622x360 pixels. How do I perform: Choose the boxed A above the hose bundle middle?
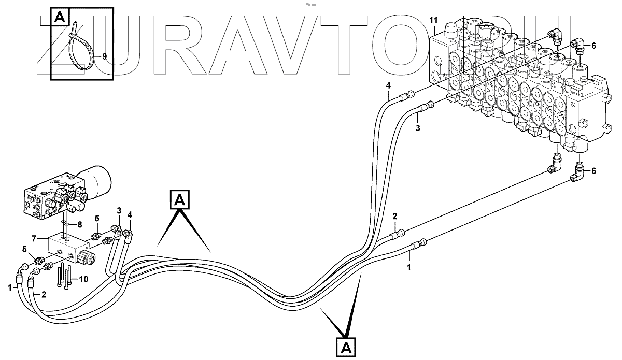tap(179, 199)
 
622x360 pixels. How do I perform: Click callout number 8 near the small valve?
tap(79, 225)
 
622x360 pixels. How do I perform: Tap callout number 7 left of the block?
tap(33, 239)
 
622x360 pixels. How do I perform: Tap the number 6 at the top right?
tap(593, 45)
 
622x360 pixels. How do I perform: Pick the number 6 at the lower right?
tap(593, 171)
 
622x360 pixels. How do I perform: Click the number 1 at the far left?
tap(9, 287)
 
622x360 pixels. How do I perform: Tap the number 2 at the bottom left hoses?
tap(44, 295)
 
